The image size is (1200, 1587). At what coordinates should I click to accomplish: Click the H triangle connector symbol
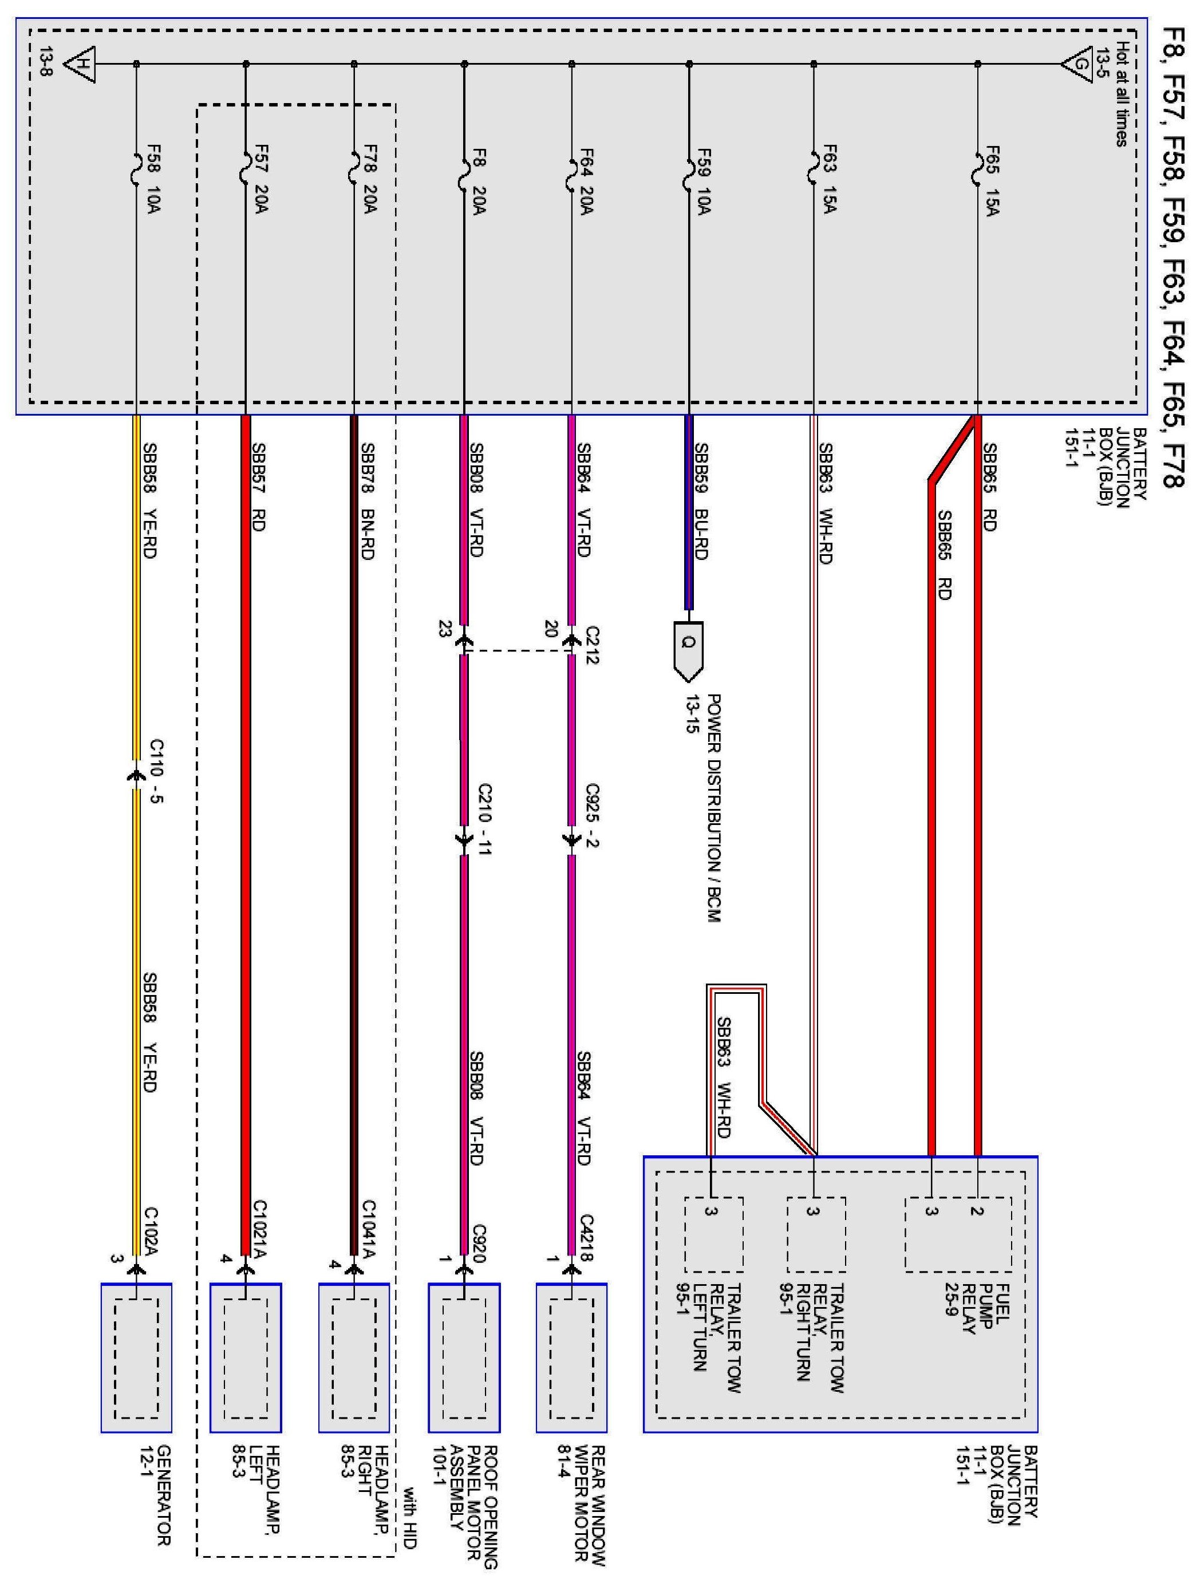[80, 64]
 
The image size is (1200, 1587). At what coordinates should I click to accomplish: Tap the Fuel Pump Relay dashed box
[958, 1233]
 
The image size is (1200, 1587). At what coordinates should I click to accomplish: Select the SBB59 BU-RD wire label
[701, 502]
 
